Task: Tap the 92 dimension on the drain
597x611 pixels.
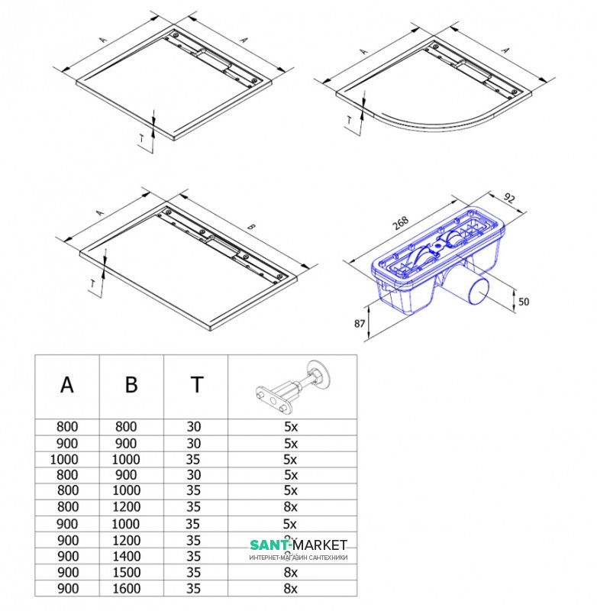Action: point(510,198)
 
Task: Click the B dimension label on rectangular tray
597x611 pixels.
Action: point(252,227)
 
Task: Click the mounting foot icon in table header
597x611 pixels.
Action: point(292,386)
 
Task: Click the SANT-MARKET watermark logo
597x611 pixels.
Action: point(298,545)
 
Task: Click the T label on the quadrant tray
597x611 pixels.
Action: point(349,120)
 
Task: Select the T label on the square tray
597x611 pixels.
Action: point(141,137)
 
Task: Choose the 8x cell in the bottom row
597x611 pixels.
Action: point(290,588)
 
